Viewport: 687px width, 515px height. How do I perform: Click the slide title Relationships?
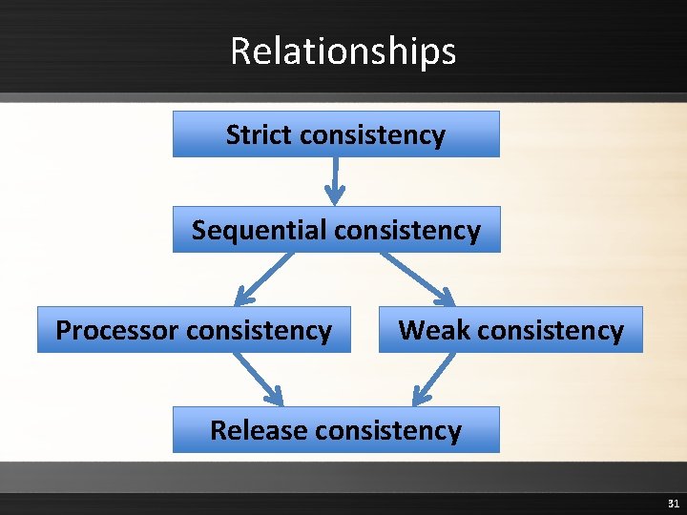click(343, 51)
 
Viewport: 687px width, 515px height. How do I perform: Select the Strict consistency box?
click(336, 134)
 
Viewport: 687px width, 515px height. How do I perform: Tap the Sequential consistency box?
click(336, 230)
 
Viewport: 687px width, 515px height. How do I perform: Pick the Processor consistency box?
click(194, 330)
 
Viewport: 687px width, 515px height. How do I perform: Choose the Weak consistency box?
click(510, 330)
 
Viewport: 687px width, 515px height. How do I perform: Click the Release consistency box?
click(336, 430)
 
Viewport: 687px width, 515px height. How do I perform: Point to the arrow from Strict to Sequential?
click(335, 181)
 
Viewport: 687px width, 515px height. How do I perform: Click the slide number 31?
click(672, 503)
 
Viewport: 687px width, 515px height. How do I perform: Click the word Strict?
click(260, 134)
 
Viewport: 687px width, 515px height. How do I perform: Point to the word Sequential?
click(260, 231)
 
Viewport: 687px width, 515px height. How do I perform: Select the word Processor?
click(117, 331)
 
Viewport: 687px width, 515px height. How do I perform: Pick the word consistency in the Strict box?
click(372, 135)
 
